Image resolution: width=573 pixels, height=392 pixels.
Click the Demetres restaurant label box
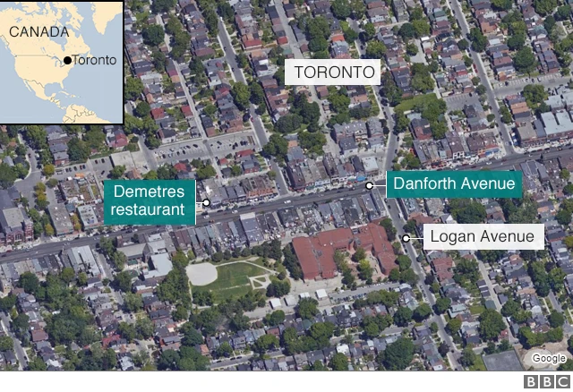click(x=149, y=202)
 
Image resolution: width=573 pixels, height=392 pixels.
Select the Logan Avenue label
click(x=483, y=237)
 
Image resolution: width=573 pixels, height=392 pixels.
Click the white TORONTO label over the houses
click(x=331, y=72)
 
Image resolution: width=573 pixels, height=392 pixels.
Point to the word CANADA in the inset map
click(x=38, y=32)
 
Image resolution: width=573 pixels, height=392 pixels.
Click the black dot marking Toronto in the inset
click(x=67, y=61)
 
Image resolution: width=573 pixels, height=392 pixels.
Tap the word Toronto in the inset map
click(x=93, y=61)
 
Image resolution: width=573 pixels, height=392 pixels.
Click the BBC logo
click(x=546, y=382)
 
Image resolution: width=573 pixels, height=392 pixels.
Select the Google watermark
click(x=548, y=359)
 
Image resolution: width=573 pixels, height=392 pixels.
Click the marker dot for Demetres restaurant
click(x=206, y=202)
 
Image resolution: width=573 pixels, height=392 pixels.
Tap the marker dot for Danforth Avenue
click(x=370, y=185)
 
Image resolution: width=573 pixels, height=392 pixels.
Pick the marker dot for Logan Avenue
click(x=406, y=237)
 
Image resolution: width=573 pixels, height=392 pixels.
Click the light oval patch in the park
click(x=201, y=272)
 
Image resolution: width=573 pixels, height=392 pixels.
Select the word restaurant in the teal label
click(x=149, y=212)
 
